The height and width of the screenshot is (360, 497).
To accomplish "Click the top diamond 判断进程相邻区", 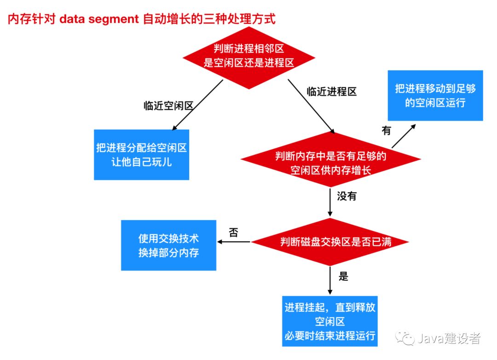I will tap(249, 57).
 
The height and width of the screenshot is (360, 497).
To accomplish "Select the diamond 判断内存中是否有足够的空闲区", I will tap(330, 162).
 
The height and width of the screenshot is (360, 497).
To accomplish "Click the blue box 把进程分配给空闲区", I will tap(141, 154).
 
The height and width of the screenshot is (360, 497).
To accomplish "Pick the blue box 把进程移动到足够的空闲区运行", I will tap(435, 95).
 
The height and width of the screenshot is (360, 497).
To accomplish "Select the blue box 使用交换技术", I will tap(168, 245).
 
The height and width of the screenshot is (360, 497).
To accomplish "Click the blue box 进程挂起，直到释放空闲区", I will tap(330, 320).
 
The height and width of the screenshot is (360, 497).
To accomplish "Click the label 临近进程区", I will tap(332, 91).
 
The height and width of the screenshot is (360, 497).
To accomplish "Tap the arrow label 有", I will tap(386, 131).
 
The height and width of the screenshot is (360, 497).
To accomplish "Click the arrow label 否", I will tap(233, 232).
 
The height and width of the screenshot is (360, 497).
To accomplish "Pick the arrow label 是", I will tap(343, 276).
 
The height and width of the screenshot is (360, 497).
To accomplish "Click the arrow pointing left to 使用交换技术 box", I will tap(233, 241).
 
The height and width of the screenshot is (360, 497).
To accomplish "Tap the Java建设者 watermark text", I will tap(449, 339).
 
